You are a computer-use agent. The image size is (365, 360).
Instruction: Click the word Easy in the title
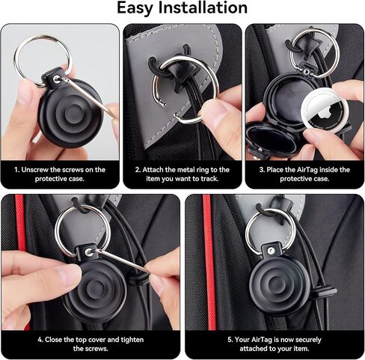point(135,8)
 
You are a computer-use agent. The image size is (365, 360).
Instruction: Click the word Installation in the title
point(203,7)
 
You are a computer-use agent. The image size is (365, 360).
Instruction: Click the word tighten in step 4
point(132,340)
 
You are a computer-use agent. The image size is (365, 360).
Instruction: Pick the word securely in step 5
point(307,340)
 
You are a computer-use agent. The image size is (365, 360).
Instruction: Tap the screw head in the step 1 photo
point(58,79)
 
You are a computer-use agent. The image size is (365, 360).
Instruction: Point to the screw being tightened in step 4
point(89,252)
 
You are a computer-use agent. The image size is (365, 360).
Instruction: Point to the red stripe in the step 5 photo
point(209,262)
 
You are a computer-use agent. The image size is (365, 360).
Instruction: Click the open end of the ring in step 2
point(162,103)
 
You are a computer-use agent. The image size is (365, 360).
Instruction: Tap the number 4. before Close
point(41,340)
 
